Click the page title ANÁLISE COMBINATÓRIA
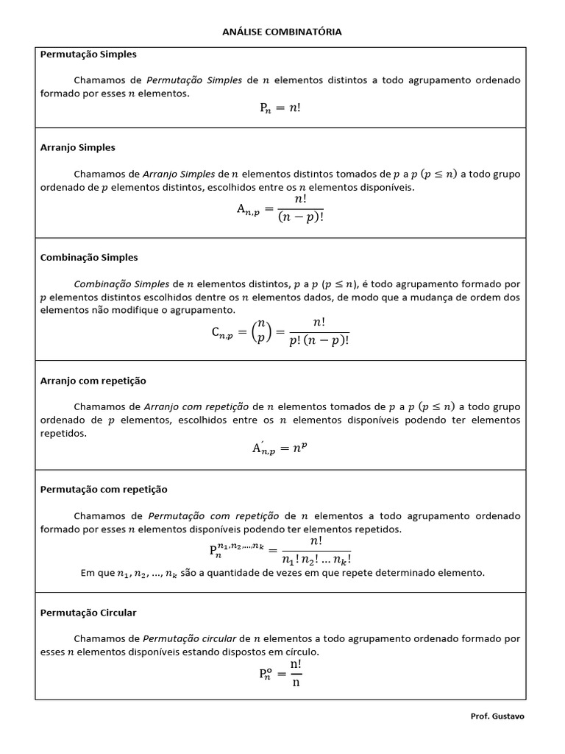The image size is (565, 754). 282,32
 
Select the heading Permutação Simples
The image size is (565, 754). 88,54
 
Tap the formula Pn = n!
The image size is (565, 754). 280,108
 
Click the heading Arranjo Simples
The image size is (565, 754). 77,147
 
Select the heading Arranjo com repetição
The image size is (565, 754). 93,381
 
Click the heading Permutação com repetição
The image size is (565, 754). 104,489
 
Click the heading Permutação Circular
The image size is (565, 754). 88,613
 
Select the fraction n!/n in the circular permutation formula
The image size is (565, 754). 296,672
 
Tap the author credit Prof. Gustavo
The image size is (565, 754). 498,716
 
